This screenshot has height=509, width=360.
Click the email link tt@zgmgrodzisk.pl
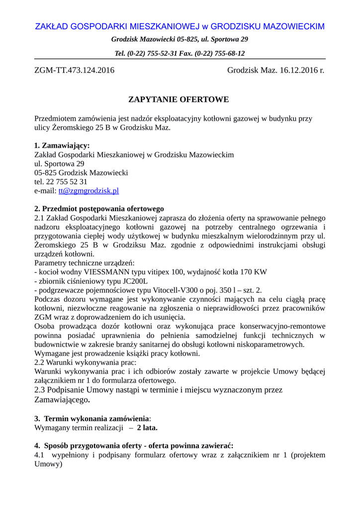click(x=89, y=191)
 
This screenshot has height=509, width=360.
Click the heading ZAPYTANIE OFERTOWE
click(x=179, y=99)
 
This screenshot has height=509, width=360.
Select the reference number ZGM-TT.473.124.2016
click(x=74, y=70)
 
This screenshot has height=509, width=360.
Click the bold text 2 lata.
click(x=147, y=427)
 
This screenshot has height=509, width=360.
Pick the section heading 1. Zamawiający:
click(x=62, y=146)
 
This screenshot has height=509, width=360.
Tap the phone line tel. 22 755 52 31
click(x=61, y=182)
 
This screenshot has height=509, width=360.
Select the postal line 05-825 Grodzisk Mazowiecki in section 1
click(x=81, y=173)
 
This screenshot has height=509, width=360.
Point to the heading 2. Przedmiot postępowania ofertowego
click(x=99, y=209)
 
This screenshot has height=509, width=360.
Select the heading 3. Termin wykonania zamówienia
click(x=91, y=418)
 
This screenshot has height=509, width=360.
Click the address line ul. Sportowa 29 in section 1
click(x=59, y=164)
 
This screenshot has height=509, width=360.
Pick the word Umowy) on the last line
click(x=48, y=464)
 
